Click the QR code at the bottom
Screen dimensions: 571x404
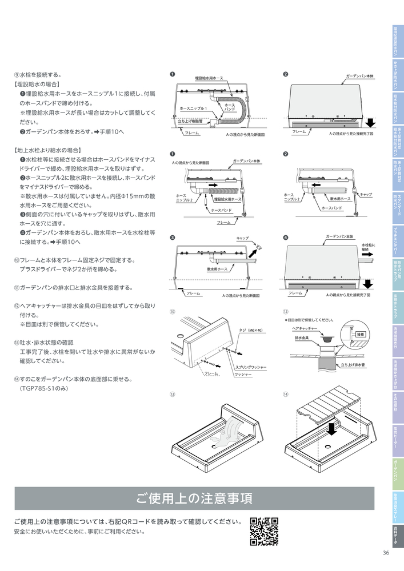coord(264,531)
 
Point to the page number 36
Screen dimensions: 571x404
coord(386,552)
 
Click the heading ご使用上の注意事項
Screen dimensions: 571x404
coord(194,498)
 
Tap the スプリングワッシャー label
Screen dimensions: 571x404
coord(250,367)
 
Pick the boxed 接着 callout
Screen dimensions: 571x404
coord(360,334)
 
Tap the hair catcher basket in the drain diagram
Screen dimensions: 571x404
coord(326,341)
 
